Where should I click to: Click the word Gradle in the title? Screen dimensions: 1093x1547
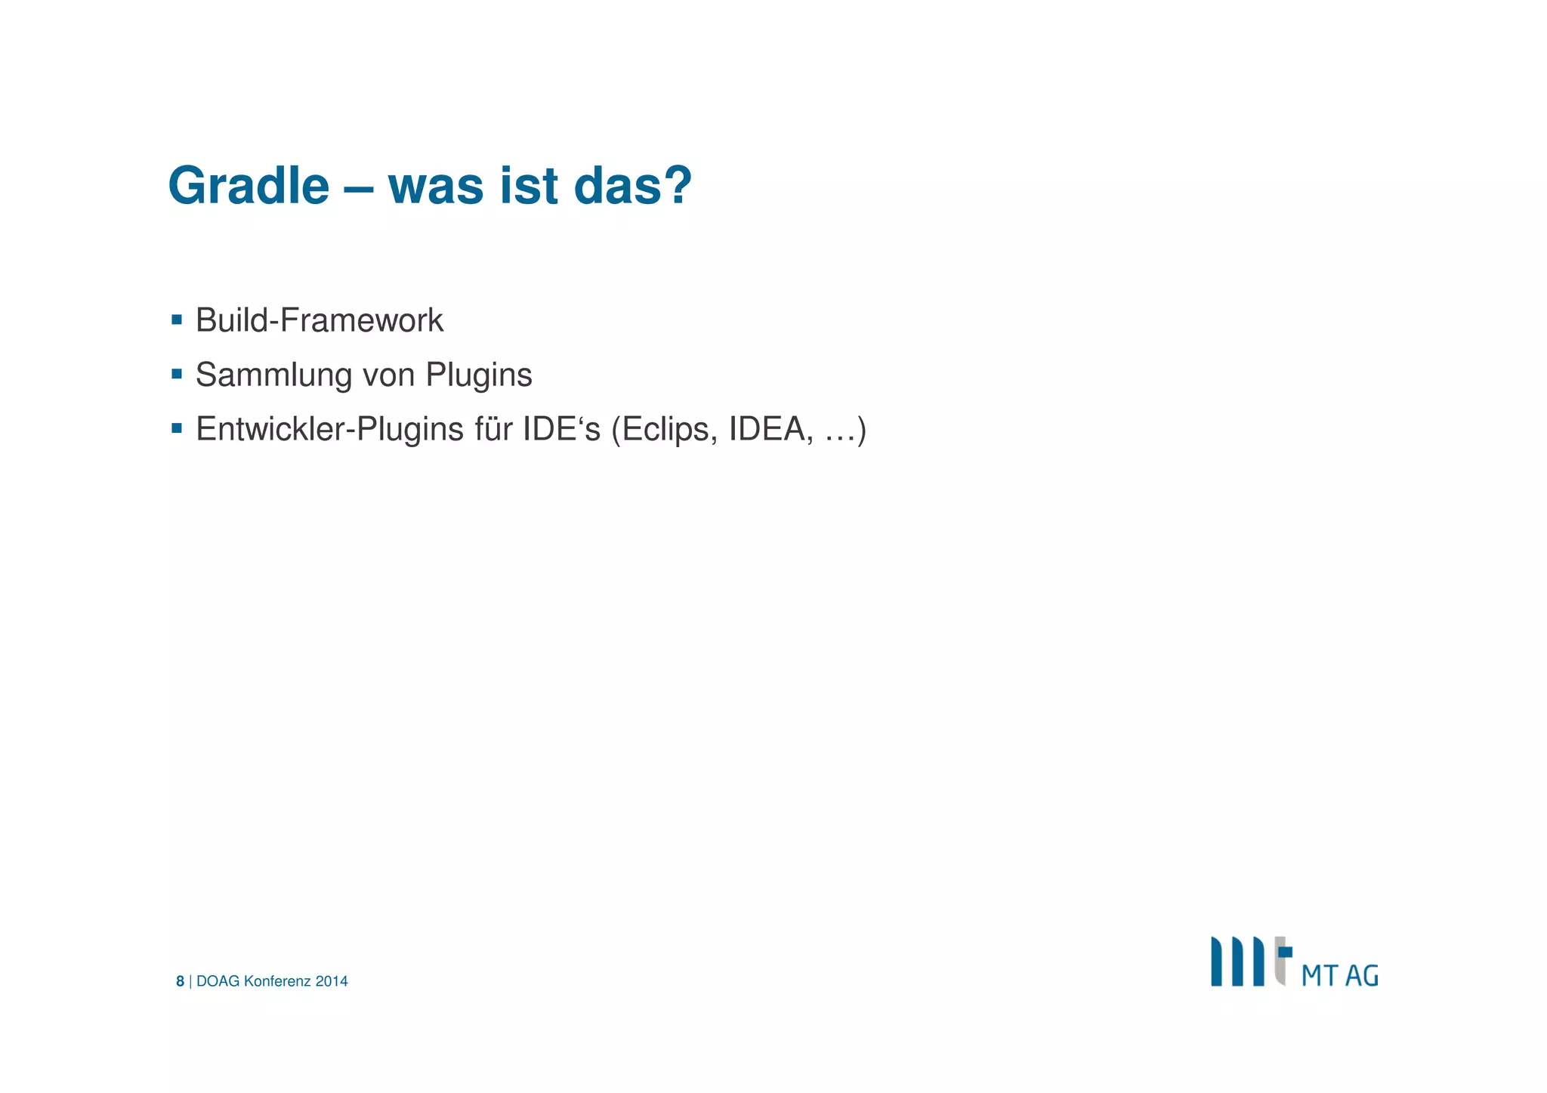point(249,186)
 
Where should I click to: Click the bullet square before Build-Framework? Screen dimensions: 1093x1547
point(177,320)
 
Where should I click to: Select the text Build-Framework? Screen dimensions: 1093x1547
point(319,320)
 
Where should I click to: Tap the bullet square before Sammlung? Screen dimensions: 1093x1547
point(177,374)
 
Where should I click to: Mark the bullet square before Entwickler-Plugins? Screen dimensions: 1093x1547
point(177,428)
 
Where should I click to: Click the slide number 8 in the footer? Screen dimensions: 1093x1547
point(180,981)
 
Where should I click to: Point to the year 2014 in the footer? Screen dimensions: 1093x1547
point(332,981)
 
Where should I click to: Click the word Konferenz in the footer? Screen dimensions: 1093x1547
point(277,981)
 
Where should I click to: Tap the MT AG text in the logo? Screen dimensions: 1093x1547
point(1339,975)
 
